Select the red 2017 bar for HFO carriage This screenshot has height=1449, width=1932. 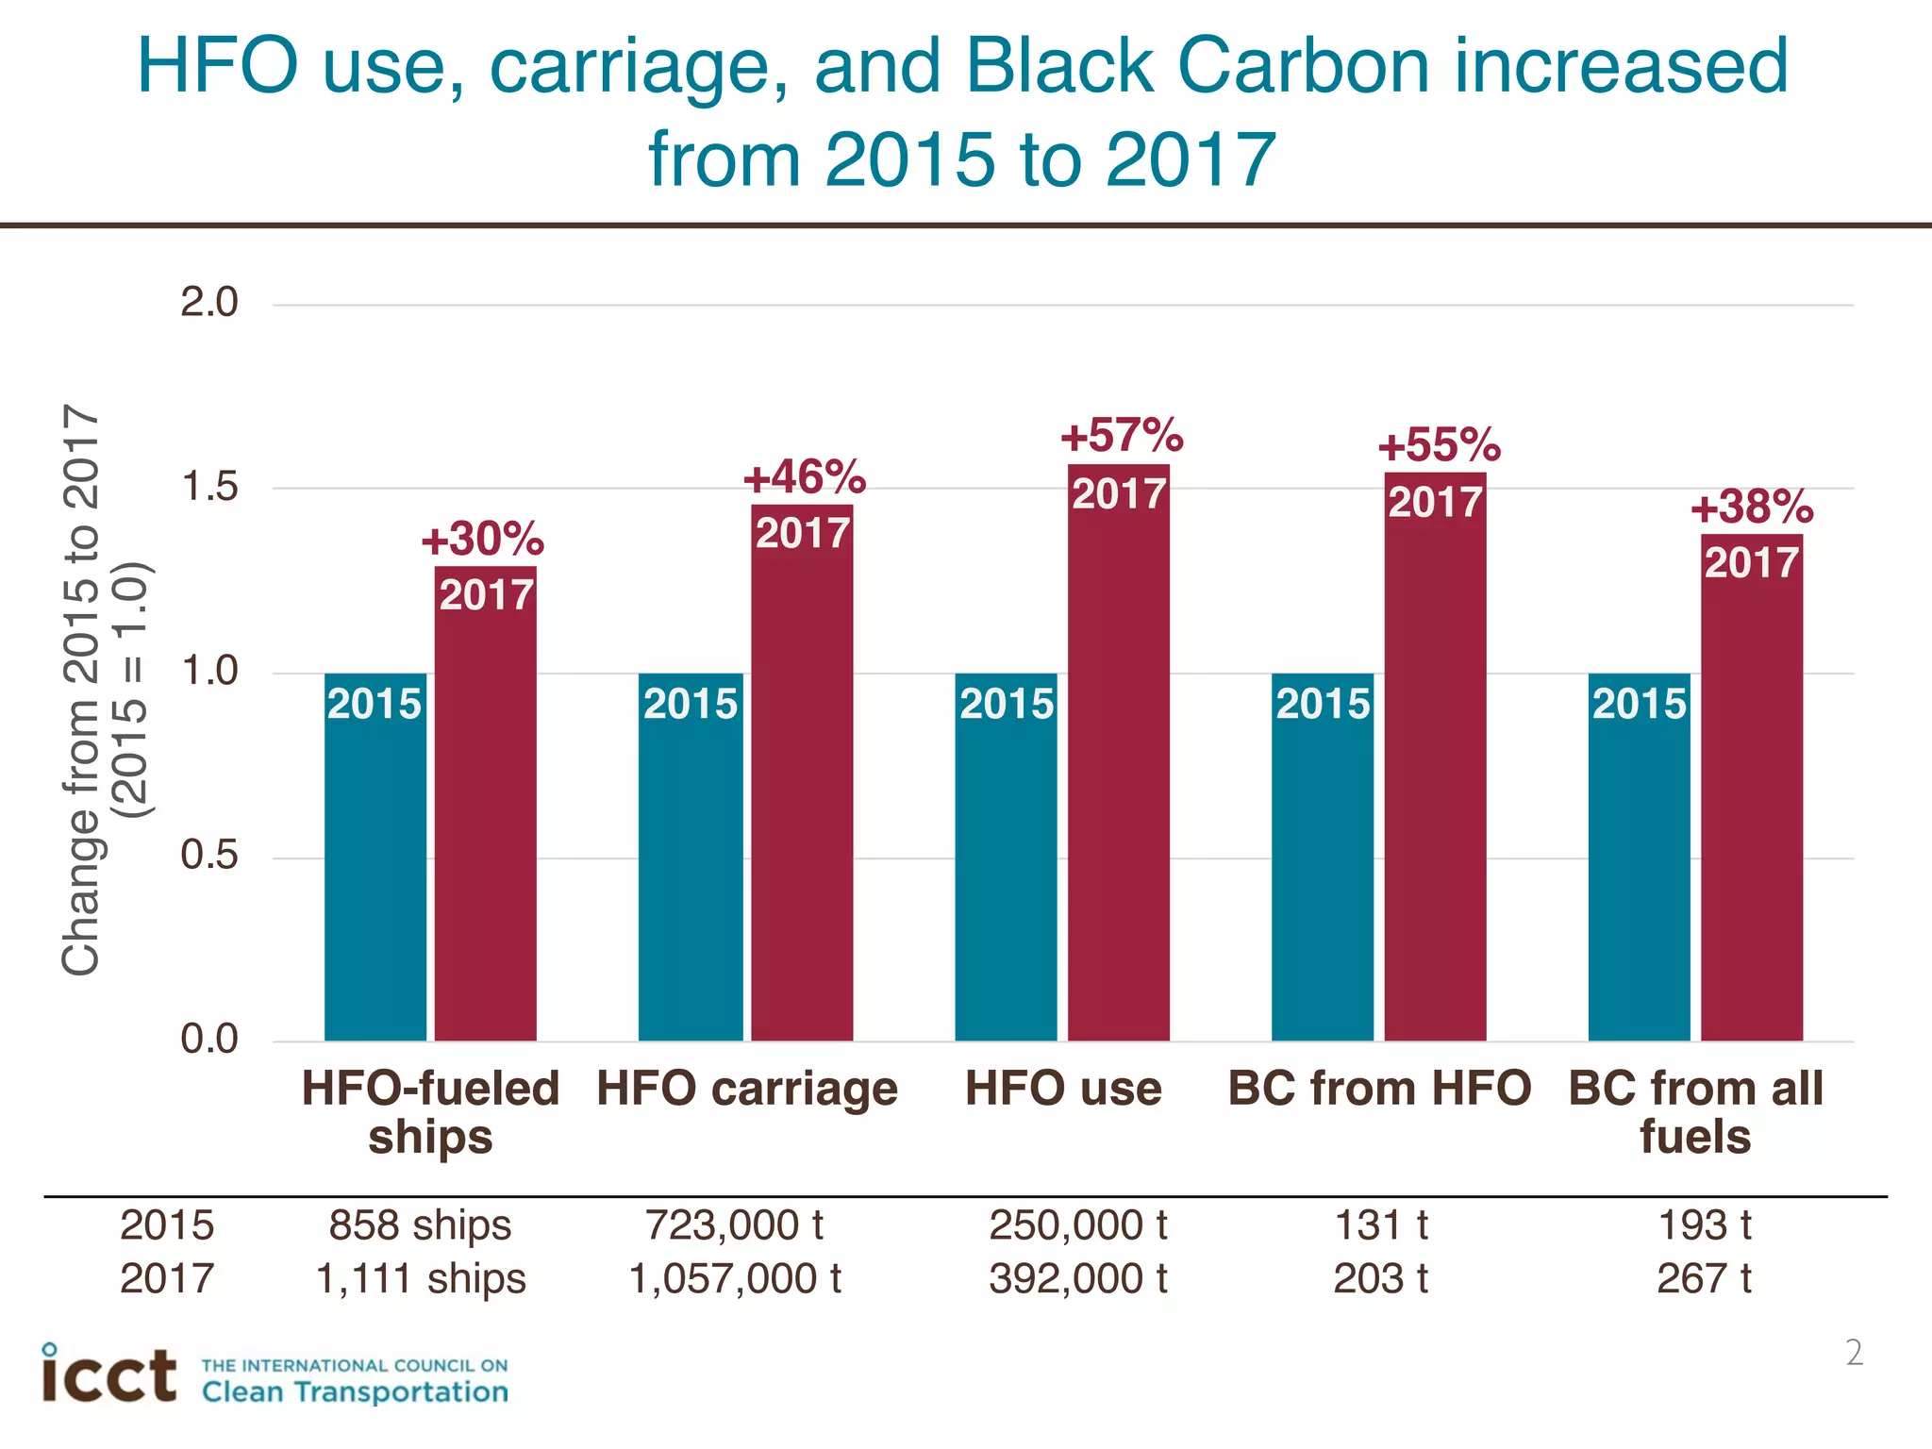(x=802, y=774)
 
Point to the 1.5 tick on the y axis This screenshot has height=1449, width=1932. (x=209, y=487)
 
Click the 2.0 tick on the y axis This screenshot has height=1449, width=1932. (x=209, y=303)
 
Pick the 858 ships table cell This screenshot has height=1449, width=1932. (x=420, y=1225)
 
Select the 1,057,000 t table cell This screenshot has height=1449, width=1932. (x=735, y=1279)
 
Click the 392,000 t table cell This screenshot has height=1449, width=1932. (x=1078, y=1279)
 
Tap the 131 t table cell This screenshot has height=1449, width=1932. (x=1381, y=1225)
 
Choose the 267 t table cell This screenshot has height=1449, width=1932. (x=1704, y=1279)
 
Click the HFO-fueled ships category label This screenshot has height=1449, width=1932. (x=430, y=1112)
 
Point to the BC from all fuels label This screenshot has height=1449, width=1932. (x=1695, y=1112)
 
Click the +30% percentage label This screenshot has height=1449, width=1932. (x=482, y=540)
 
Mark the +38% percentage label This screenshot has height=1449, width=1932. (x=1751, y=508)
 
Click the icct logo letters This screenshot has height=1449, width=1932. (x=109, y=1374)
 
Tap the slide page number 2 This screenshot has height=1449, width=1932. (x=1854, y=1353)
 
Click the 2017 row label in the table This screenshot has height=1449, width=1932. (x=167, y=1279)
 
